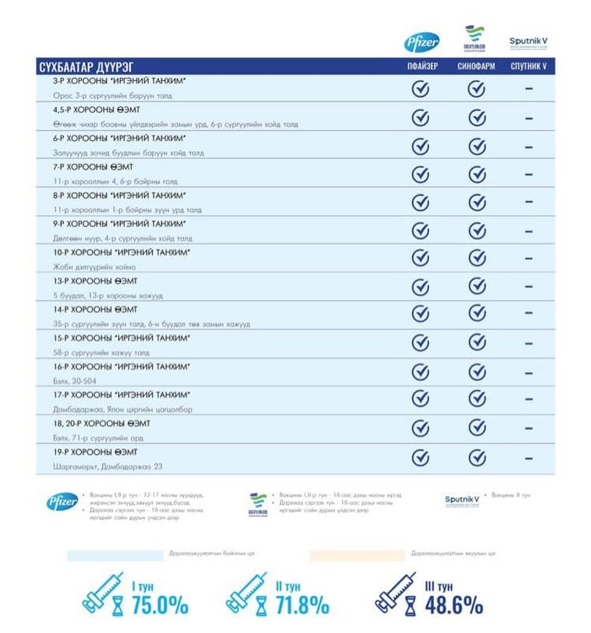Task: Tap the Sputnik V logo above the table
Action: click(x=529, y=41)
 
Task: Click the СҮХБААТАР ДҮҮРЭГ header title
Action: click(x=87, y=66)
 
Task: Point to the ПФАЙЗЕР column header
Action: click(x=420, y=66)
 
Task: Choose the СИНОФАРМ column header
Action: click(x=476, y=66)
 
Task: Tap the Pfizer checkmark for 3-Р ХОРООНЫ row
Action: click(x=420, y=89)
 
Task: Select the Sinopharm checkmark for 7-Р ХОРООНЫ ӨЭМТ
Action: click(x=477, y=175)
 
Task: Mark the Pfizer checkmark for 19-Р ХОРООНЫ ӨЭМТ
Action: click(x=420, y=457)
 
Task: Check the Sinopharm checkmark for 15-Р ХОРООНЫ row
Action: click(x=477, y=343)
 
